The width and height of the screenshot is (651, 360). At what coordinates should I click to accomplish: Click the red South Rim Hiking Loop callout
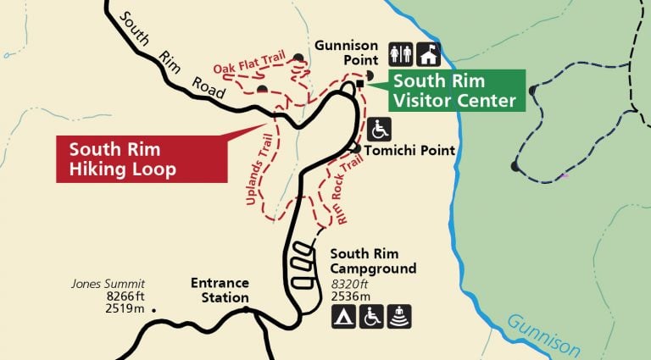point(141,158)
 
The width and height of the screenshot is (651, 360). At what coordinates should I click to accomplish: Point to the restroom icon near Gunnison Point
point(400,54)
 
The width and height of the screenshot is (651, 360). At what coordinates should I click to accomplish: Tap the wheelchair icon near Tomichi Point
point(381,130)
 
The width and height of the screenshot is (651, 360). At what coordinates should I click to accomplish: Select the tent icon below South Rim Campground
point(343,316)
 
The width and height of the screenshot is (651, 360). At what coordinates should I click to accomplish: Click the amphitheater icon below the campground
point(399,316)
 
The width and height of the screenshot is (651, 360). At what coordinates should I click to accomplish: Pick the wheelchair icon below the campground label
point(371,316)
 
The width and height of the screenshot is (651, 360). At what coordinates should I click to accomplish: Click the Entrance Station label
point(220,290)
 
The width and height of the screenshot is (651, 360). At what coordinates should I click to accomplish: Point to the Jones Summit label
point(108,283)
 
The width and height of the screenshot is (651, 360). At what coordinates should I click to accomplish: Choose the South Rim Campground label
point(373,261)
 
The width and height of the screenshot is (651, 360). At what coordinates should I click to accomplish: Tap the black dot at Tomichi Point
point(357,149)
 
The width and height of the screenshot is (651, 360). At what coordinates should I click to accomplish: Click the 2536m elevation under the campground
point(351,296)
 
